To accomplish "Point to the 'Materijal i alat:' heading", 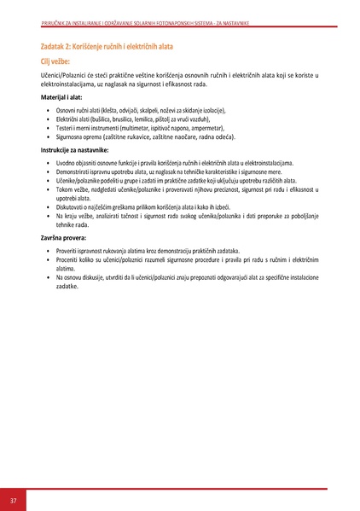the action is (x=65, y=98).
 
